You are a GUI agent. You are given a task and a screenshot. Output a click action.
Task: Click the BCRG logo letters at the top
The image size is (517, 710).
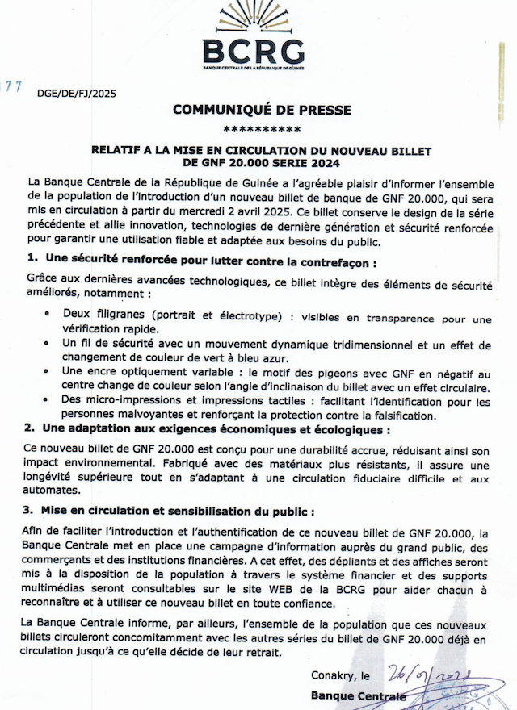pyautogui.click(x=253, y=51)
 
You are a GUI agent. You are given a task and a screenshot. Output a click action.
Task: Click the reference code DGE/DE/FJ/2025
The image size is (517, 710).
pyautogui.click(x=77, y=94)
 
